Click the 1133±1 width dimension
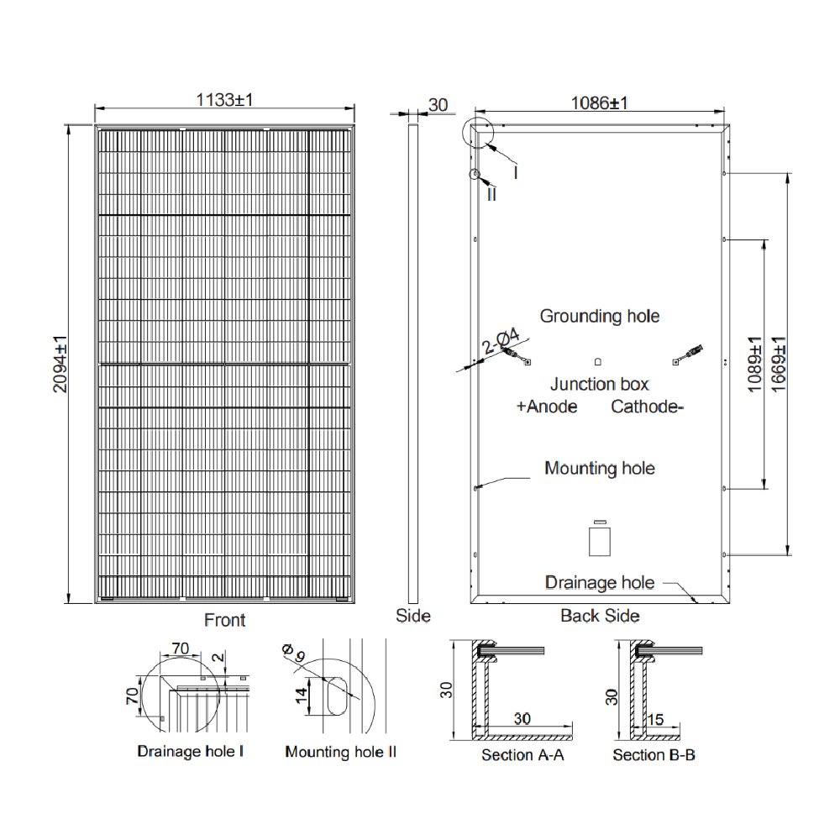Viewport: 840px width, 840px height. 224,99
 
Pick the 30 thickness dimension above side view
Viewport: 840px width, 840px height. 438,105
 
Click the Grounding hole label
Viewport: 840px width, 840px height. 599,317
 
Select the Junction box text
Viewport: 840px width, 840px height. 599,385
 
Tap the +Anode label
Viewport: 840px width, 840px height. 547,407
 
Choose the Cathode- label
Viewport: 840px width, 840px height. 648,407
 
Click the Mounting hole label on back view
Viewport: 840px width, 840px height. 599,468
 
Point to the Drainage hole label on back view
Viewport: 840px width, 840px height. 599,582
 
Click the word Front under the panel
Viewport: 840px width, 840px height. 225,621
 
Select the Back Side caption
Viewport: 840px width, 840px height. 600,616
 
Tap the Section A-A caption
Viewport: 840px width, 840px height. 522,755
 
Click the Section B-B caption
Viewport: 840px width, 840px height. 654,755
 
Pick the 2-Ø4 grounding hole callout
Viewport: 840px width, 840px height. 501,344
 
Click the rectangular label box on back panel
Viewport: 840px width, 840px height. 599,539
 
